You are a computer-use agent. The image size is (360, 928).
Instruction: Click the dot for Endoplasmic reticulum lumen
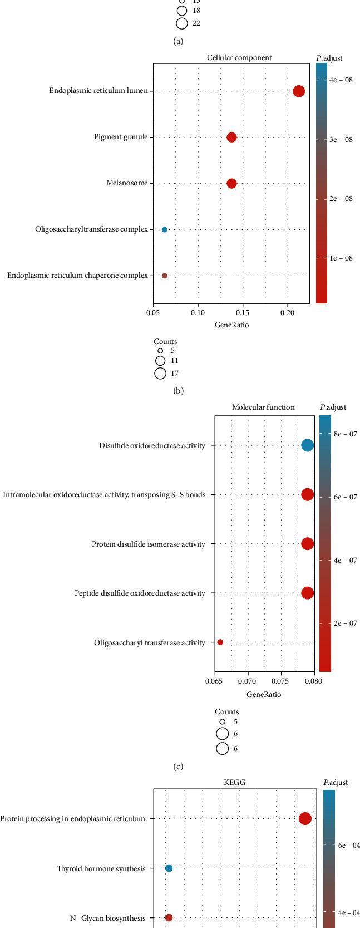(x=299, y=91)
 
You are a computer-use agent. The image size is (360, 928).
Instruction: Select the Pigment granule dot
(x=231, y=137)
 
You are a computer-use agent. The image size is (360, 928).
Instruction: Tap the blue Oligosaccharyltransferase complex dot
(x=164, y=229)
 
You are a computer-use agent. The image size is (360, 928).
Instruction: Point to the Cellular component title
(x=231, y=57)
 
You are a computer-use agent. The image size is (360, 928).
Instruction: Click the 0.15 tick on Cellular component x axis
(x=243, y=313)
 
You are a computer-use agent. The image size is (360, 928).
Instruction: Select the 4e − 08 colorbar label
(x=341, y=80)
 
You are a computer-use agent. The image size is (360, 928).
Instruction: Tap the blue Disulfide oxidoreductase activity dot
(x=307, y=445)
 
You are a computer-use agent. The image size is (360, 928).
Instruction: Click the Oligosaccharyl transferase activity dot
(x=220, y=642)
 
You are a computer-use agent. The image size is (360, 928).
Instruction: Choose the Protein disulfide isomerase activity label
(x=149, y=544)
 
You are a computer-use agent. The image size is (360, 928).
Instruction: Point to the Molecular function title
(x=263, y=407)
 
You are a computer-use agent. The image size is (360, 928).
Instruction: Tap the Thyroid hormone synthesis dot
(x=169, y=868)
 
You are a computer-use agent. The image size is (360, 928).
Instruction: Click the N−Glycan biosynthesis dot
(x=169, y=917)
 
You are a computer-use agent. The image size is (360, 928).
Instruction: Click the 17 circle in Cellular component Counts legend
(x=160, y=374)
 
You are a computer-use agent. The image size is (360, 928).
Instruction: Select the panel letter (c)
(x=178, y=767)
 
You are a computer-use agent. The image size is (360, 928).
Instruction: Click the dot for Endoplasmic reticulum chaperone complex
(x=164, y=276)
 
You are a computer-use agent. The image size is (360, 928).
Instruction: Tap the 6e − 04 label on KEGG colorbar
(x=349, y=845)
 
